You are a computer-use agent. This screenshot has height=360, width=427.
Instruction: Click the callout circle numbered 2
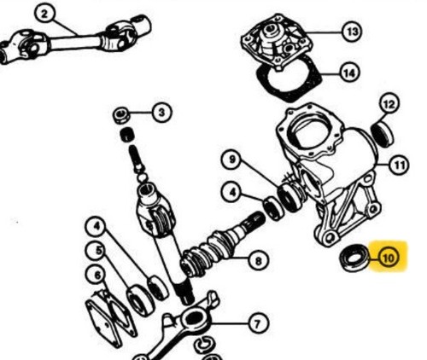point(44,14)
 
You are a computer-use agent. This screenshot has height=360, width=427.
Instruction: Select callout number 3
point(161,113)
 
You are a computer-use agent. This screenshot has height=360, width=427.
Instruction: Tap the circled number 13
point(352,32)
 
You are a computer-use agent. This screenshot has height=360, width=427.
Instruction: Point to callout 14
point(350,73)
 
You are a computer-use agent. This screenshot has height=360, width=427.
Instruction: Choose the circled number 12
point(389,104)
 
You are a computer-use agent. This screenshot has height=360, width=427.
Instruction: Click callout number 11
point(399,165)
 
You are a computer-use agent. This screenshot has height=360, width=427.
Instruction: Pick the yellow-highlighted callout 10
point(389,258)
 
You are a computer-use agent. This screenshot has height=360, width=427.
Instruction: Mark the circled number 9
point(232,160)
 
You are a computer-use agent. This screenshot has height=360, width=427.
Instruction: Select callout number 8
point(258,260)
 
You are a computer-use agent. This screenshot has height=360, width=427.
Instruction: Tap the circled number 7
point(258,323)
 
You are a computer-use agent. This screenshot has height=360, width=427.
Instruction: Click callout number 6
point(97,276)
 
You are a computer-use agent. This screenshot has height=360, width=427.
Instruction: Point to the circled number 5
point(98,251)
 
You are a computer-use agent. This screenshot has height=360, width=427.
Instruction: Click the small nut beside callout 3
point(121,115)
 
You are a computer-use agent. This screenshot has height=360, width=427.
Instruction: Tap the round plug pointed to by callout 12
point(383,134)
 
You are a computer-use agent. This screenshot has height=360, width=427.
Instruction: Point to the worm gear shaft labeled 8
point(222,245)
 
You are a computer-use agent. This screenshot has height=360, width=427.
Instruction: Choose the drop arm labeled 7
point(182,327)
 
